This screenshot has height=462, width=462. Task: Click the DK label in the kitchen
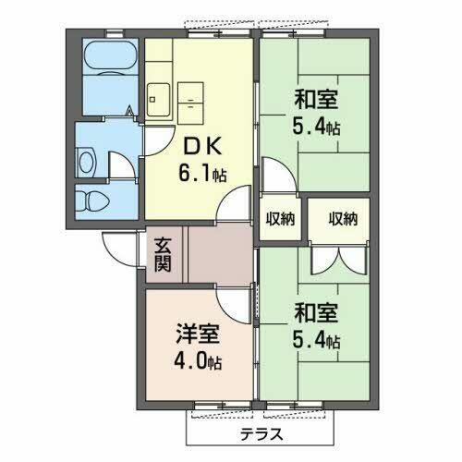tap(201, 145)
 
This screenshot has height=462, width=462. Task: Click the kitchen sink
tap(157, 94)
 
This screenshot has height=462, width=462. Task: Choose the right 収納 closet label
tap(343, 219)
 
